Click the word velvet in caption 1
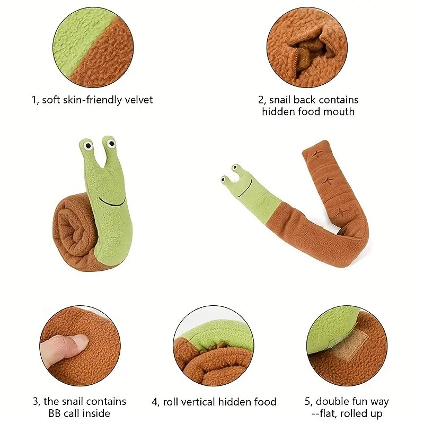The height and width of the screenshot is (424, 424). click(138, 100)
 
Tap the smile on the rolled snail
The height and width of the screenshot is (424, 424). click(112, 202)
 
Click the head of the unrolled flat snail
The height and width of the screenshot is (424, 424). click(240, 184)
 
